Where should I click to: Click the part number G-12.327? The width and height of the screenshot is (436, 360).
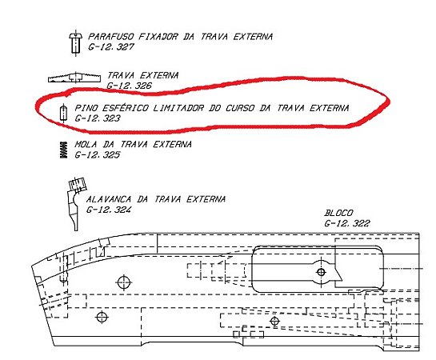pyautogui.click(x=111, y=46)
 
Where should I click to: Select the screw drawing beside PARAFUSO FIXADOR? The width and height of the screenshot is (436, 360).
pyautogui.click(x=75, y=43)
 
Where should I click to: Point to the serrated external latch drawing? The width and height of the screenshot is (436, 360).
pyautogui.click(x=74, y=78)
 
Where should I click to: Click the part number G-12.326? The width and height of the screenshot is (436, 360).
pyautogui.click(x=130, y=86)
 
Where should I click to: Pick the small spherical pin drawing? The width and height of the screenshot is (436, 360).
pyautogui.click(x=64, y=113)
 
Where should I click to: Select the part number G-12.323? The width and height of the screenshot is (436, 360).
pyautogui.click(x=98, y=118)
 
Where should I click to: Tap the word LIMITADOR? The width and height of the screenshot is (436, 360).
pyautogui.click(x=178, y=108)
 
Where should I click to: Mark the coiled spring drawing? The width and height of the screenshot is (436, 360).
pyautogui.click(x=64, y=150)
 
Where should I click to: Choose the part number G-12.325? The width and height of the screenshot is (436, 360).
pyautogui.click(x=98, y=154)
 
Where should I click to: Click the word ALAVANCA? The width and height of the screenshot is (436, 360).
pyautogui.click(x=109, y=199)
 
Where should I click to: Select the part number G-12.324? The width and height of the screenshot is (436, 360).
pyautogui.click(x=109, y=210)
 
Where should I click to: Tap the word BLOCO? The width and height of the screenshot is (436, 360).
pyautogui.click(x=338, y=213)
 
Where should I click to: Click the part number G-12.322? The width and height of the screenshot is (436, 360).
pyautogui.click(x=347, y=223)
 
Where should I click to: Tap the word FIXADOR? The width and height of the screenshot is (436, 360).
pyautogui.click(x=158, y=37)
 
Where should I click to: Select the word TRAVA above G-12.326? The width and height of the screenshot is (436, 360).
pyautogui.click(x=122, y=75)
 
